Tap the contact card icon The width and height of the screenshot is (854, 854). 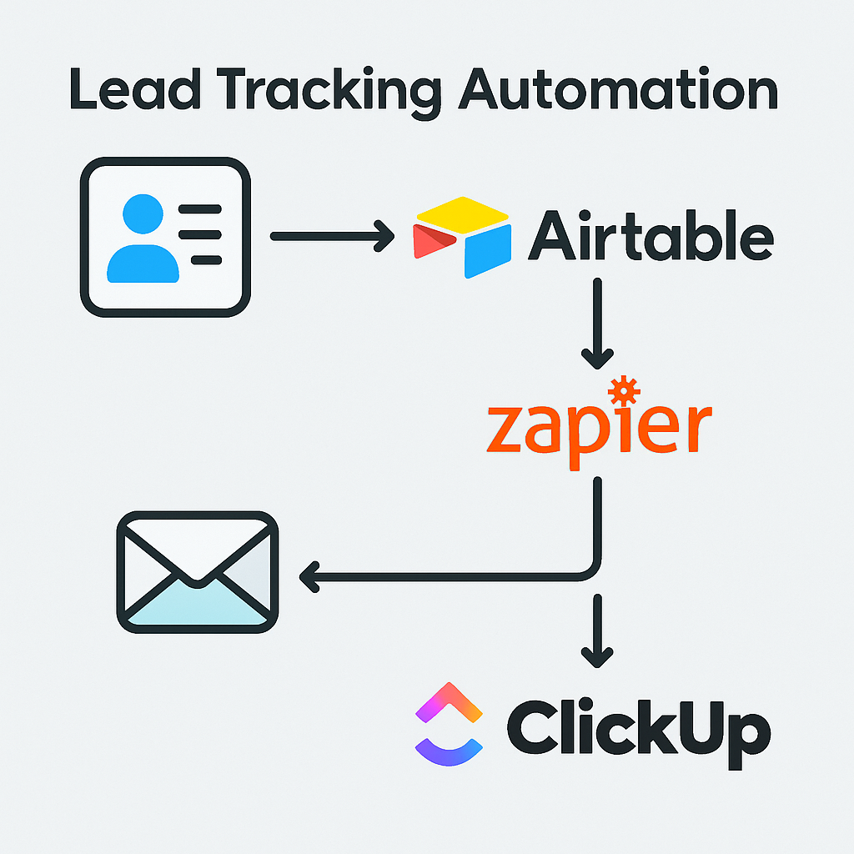click(165, 239)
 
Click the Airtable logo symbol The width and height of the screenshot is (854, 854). click(462, 236)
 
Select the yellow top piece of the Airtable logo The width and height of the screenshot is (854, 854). click(462, 213)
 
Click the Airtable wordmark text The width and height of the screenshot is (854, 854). click(651, 237)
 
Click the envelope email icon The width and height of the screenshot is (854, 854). click(197, 572)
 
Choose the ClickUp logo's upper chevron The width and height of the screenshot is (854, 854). click(450, 702)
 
